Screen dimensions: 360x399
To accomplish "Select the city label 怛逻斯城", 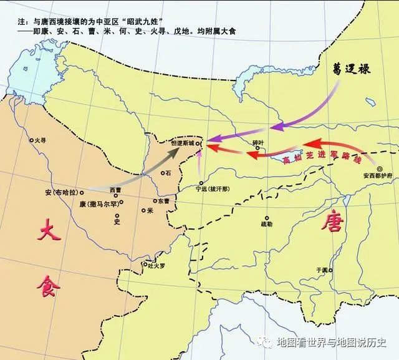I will (183, 142).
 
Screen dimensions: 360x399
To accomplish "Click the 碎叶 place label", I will (259, 142).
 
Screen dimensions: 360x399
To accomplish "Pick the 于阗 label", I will (322, 270).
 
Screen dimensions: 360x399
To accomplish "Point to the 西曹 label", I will (115, 190).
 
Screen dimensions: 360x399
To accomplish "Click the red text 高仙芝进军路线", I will (322, 160).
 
